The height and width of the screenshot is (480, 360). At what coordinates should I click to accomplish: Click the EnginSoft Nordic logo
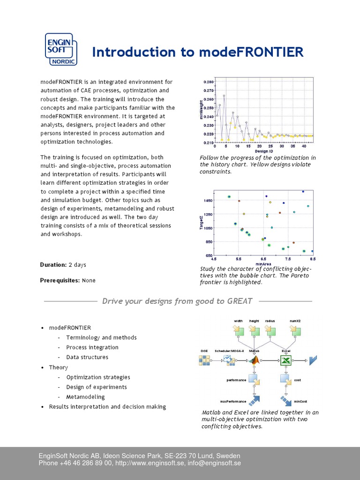(60, 49)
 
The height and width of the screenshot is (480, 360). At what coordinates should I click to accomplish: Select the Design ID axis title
(264, 151)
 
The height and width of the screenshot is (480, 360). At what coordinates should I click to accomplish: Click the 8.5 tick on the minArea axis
(313, 258)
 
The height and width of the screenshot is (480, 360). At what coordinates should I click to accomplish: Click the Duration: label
(53, 265)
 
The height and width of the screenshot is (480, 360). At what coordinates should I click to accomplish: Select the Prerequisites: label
(60, 280)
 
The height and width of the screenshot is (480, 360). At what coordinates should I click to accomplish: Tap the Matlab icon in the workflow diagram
(255, 360)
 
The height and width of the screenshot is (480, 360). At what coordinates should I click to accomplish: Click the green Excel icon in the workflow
(286, 360)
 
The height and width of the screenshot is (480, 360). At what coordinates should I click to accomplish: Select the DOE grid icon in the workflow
(205, 360)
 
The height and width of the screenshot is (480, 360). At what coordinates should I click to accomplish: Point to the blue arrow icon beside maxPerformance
(255, 400)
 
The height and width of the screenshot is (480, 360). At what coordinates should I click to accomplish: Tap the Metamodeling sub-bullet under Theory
(85, 397)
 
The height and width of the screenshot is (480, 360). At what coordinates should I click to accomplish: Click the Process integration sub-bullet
(92, 347)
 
